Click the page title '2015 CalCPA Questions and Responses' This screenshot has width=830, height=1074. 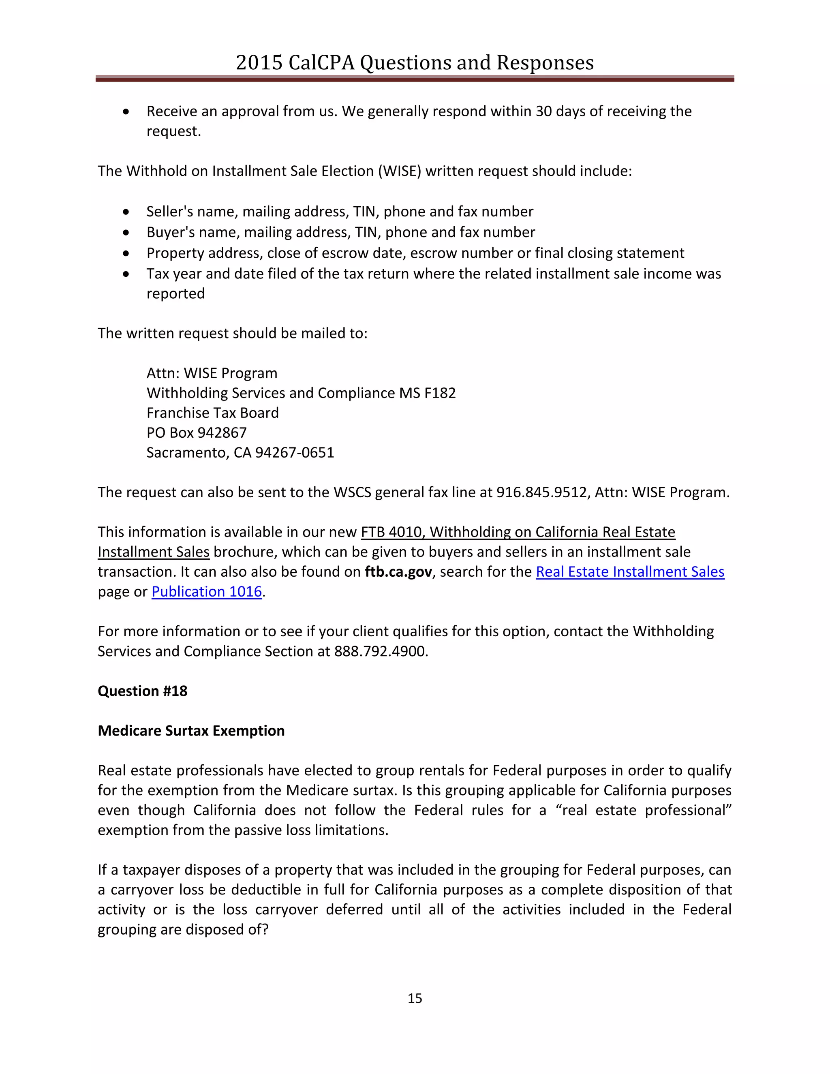click(415, 63)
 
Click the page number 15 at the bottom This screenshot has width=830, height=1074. click(415, 998)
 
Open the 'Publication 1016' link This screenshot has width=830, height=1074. click(207, 592)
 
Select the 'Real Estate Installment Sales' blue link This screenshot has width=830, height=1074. click(630, 572)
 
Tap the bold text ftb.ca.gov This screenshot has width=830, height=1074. click(398, 572)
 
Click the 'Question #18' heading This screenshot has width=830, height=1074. click(143, 691)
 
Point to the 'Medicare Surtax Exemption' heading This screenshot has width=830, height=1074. click(191, 731)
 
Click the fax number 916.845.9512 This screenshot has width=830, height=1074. click(541, 492)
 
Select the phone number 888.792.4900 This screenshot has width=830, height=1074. click(381, 651)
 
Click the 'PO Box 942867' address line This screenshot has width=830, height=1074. click(197, 433)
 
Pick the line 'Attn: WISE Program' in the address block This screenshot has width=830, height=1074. click(212, 373)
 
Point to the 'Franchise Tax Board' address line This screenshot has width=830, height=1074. click(212, 413)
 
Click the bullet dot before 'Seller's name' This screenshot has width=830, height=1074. click(126, 212)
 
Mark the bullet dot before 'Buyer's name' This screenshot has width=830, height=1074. click(126, 233)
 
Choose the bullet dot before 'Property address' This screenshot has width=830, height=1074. click(126, 253)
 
